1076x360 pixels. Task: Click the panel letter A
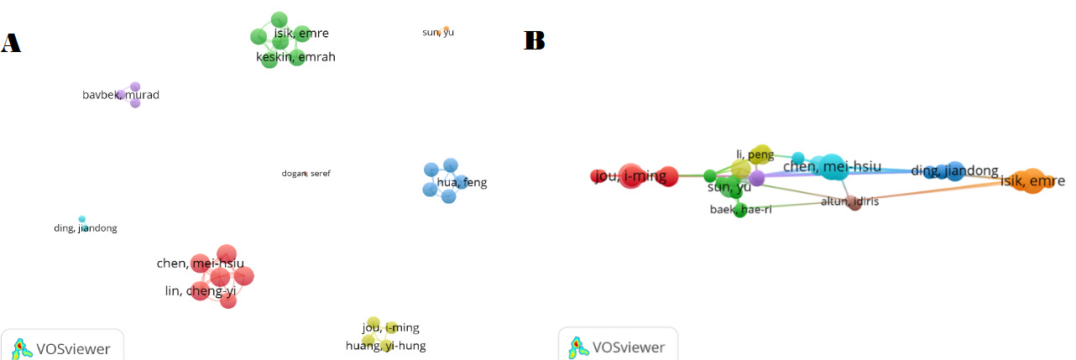(11, 43)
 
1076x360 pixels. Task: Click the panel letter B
(535, 40)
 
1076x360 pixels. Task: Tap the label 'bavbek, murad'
(120, 95)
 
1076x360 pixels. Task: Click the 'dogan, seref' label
(306, 174)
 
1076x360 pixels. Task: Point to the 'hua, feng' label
(462, 182)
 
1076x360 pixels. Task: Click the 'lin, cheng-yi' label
(201, 291)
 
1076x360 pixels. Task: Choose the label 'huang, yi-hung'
(386, 346)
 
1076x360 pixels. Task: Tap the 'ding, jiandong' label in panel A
(86, 228)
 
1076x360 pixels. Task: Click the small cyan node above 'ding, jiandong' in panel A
(82, 219)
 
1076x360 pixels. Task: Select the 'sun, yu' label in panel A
(438, 33)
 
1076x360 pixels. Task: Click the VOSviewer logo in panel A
(61, 347)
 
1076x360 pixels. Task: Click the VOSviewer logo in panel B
(618, 346)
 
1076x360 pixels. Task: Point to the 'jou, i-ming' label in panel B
(629, 176)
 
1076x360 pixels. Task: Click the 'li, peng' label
(755, 155)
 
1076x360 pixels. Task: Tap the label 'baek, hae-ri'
(740, 210)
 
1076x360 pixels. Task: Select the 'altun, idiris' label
(849, 201)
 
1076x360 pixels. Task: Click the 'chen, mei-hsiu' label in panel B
(832, 166)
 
